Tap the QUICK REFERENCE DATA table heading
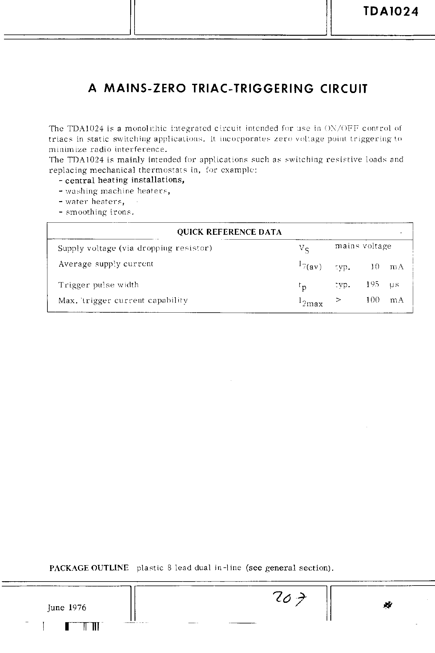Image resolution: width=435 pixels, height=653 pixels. click(x=229, y=232)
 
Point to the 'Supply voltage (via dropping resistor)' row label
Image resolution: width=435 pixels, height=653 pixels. click(x=135, y=248)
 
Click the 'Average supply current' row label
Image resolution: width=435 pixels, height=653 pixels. click(x=106, y=264)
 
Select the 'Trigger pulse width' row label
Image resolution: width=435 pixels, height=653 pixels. click(x=99, y=285)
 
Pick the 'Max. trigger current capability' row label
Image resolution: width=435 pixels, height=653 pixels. click(x=123, y=300)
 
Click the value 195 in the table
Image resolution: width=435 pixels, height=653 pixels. click(x=373, y=284)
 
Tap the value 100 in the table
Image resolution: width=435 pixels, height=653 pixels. click(x=373, y=300)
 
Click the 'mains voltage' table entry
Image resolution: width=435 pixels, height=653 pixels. click(x=363, y=246)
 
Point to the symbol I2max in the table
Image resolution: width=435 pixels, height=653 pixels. click(x=310, y=302)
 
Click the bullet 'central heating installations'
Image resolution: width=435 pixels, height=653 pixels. click(x=125, y=180)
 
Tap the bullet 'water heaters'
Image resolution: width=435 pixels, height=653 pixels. click(x=95, y=201)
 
